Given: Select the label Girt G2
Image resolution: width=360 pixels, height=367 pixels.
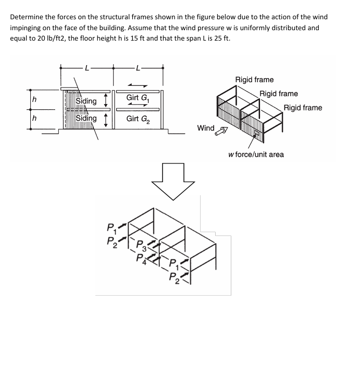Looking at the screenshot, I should pos(138,119).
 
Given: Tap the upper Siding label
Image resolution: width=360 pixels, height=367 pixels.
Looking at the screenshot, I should pos(86,100).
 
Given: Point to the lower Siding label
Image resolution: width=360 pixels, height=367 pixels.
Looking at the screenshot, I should pos(86,118).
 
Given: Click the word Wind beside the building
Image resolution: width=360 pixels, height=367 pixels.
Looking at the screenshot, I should pos(206,128).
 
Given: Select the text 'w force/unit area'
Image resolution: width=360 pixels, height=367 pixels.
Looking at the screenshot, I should pos(256,155).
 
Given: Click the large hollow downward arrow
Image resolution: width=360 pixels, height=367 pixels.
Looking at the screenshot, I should pos(172,180).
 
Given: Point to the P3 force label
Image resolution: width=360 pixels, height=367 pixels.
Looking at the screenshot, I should pos(140,245).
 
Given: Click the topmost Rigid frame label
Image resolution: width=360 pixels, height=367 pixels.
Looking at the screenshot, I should pos(254,80).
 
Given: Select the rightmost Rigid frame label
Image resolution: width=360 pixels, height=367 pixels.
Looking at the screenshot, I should pos(303,108).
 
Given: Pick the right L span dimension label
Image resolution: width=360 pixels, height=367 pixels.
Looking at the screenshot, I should pos(137,67).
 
